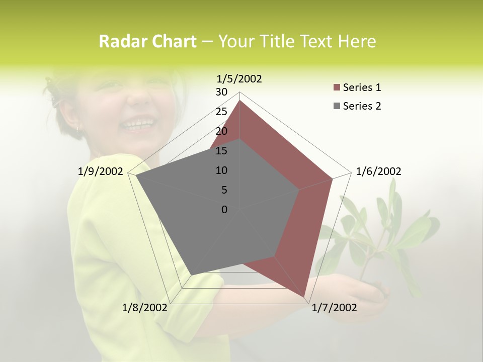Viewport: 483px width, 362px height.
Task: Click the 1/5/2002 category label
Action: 239,78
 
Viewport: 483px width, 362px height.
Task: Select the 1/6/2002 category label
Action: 378,171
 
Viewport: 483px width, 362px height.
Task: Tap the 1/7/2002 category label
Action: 334,307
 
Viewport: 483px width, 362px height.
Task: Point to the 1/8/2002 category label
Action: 145,307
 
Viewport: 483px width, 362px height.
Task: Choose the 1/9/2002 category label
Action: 100,171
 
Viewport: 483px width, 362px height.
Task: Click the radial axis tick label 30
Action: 221,92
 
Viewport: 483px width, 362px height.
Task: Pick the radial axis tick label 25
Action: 221,112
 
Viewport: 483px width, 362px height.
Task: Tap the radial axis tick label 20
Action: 221,131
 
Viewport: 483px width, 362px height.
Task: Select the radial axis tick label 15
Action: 221,151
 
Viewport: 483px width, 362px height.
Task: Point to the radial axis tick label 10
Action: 221,170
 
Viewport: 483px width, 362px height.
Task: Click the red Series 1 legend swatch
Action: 337,88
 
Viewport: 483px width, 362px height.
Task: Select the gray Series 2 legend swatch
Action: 337,106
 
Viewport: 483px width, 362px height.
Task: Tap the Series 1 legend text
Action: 362,87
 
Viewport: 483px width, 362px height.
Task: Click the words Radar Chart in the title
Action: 147,42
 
